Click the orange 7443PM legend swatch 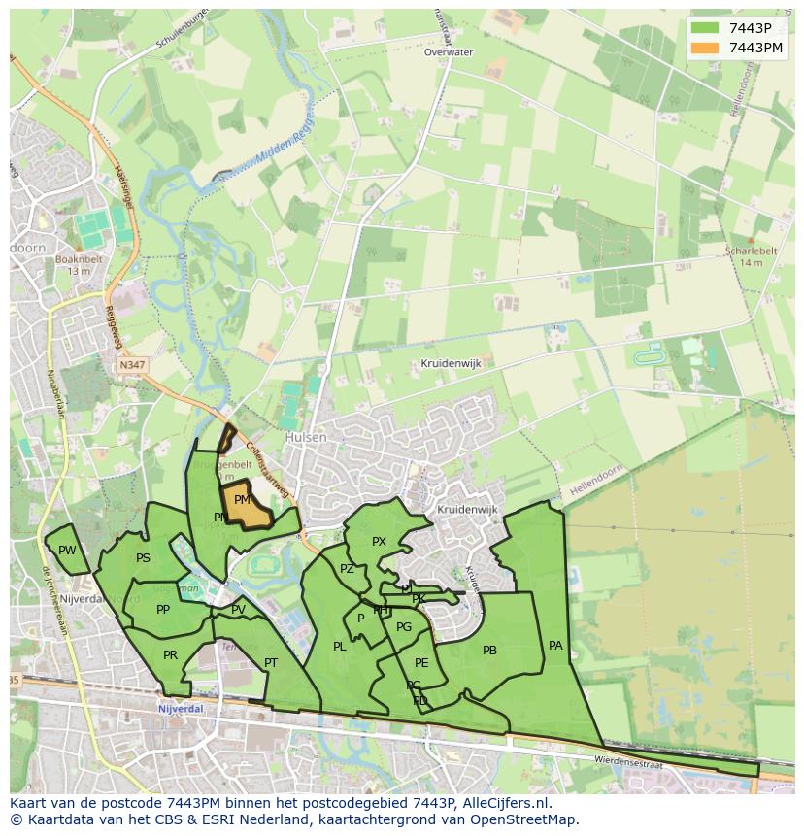coord(706,48)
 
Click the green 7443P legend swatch coord(706,28)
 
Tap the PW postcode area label coord(67,551)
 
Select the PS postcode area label coord(143,558)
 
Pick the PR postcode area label coord(170,655)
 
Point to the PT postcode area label coord(271,663)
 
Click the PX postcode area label coord(379,542)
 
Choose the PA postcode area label coord(555,645)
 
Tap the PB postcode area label coord(489,651)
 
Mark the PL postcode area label coord(339,647)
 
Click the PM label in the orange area coord(243,500)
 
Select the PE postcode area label coord(421,663)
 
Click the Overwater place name coord(448,52)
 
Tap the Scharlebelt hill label coord(752,251)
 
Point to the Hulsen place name coord(306,438)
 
